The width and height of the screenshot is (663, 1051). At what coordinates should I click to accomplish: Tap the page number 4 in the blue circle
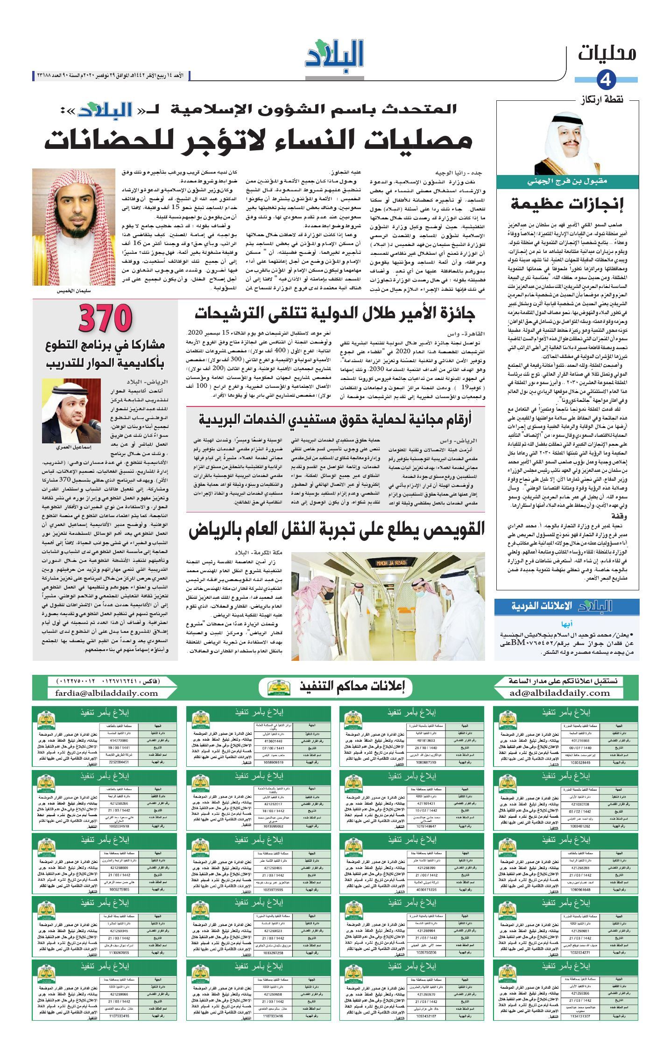point(606,80)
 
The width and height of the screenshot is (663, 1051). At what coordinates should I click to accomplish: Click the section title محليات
point(607,53)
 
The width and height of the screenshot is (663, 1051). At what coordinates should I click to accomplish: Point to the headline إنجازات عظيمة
point(567,204)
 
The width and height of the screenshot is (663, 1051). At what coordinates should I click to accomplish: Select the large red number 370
point(106,319)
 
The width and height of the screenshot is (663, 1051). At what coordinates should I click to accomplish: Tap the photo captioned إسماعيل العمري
point(71,411)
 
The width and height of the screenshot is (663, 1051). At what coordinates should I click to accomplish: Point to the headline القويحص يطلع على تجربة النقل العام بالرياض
point(337,530)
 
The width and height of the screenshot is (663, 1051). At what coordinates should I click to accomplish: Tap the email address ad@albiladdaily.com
point(560,693)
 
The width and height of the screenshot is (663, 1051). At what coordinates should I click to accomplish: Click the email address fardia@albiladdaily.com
point(106,693)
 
